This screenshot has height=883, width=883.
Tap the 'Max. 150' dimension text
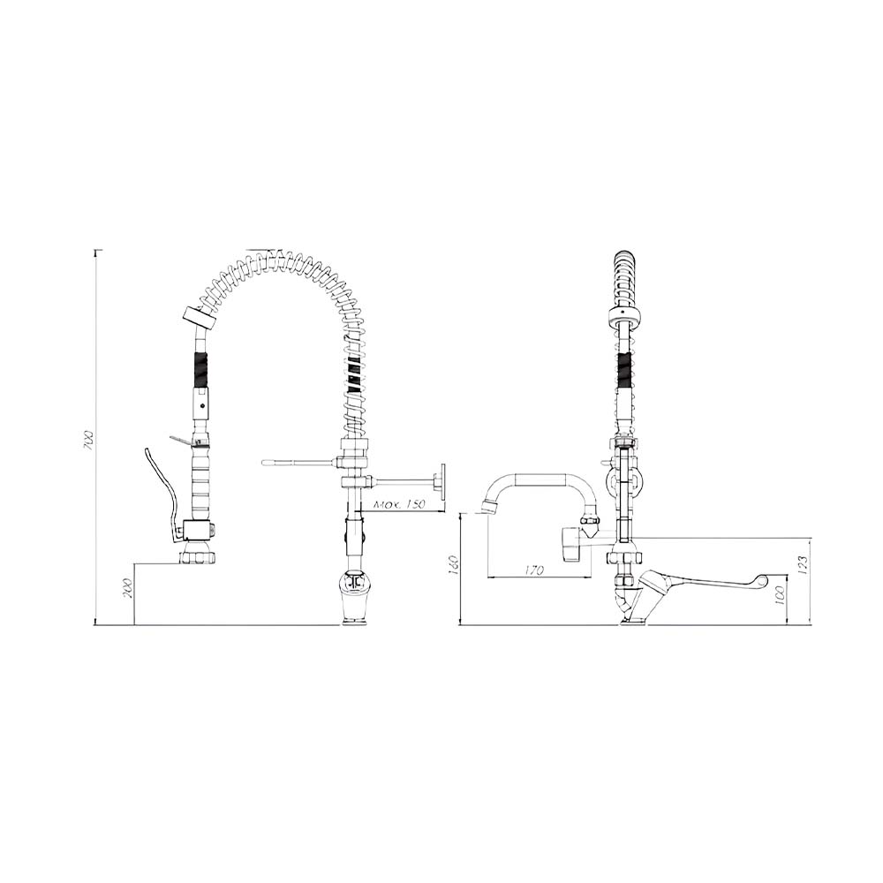coord(400,504)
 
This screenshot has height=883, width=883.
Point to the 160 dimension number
coord(455,563)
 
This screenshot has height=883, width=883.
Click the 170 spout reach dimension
coord(534,570)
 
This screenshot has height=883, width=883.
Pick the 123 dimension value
coord(803,565)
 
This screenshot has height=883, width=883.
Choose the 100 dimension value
coord(780,595)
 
